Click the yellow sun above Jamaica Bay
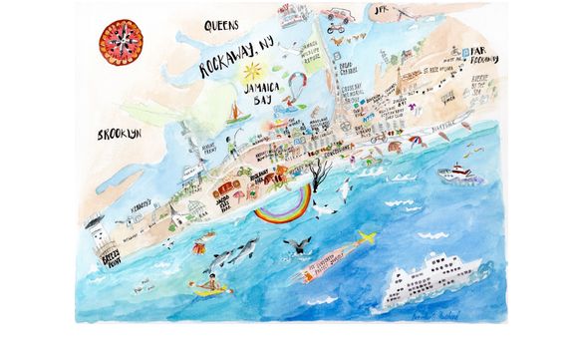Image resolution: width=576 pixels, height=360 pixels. coord(250,72)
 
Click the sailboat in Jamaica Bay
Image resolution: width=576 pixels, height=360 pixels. coord(238,118)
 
